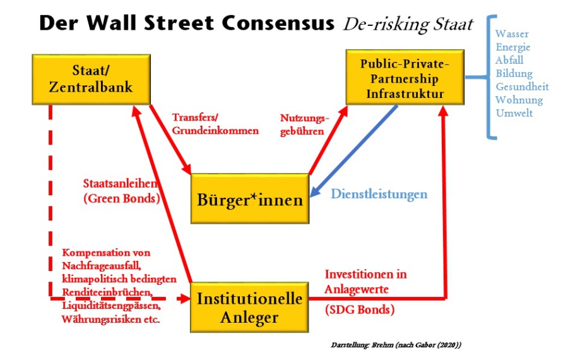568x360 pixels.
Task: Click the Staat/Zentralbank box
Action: pos(91,79)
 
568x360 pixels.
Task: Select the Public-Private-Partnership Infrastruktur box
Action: pos(405,79)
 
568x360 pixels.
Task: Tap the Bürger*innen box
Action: pos(250,200)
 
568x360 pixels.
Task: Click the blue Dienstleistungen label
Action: pos(379,194)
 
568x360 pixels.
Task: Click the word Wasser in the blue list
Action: pos(512,33)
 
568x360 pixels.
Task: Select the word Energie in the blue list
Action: pos(513,47)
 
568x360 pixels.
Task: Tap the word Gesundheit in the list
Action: pos(522,87)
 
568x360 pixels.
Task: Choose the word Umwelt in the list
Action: pos(514,113)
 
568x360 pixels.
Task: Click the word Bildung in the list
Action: pos(514,73)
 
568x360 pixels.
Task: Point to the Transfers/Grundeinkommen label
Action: pos(215,124)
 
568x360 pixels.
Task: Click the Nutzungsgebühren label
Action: pos(305,124)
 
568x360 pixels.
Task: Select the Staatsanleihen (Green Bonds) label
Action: pos(121,189)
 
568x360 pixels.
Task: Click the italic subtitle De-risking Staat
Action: pos(408,24)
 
